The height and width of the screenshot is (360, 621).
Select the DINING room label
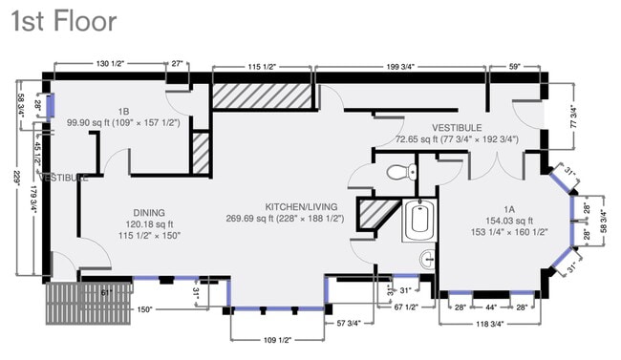(149, 212)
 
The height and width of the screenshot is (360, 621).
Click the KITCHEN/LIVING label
(299, 205)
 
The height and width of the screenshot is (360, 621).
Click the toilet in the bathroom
(400, 173)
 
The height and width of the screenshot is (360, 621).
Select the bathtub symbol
(419, 221)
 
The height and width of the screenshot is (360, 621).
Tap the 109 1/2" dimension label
(277, 340)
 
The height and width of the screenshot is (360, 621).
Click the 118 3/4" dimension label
(492, 323)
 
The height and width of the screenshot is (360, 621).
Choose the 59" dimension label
(515, 66)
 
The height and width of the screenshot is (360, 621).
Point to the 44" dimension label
(492, 307)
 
